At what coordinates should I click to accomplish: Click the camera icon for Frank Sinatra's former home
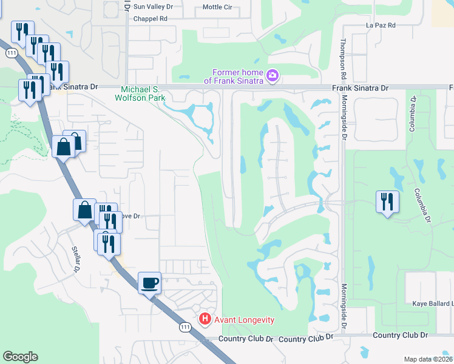pyautogui.click(x=273, y=75)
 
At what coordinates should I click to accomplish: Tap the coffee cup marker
pyautogui.click(x=150, y=283)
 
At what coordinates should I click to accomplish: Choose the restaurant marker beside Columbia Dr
pyautogui.click(x=387, y=201)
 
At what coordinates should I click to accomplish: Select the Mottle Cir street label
pyautogui.click(x=216, y=7)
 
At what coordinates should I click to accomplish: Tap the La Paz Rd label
pyautogui.click(x=381, y=25)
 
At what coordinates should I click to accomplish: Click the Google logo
pyautogui.click(x=20, y=357)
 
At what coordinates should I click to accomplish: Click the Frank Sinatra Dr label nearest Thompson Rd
pyautogui.click(x=360, y=88)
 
